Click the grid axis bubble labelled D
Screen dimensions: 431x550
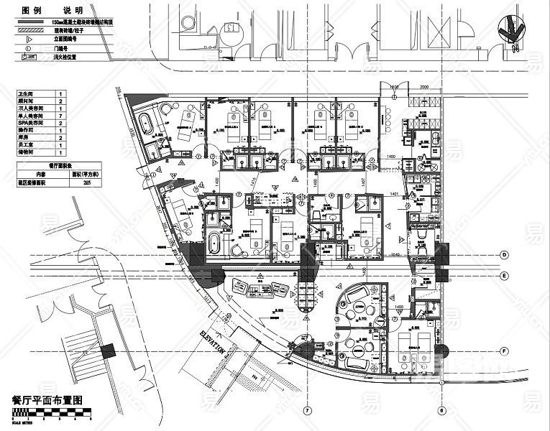pos(505,255)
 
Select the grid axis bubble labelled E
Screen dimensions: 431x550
pos(505,276)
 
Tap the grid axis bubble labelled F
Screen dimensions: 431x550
pos(505,351)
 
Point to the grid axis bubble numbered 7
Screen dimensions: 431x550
pos(307,411)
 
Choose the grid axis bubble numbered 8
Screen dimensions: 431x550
pos(441,411)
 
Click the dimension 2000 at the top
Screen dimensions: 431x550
pos(423,86)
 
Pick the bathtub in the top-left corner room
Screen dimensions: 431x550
pos(146,123)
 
